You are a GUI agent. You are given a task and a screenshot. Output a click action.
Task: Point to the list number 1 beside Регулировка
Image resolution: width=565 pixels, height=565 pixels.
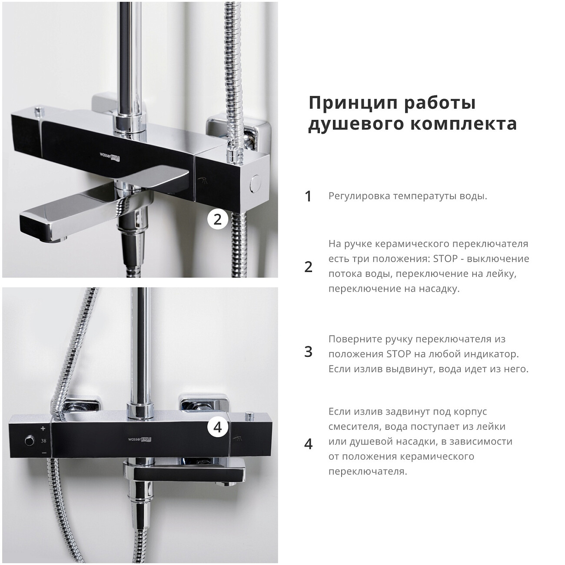308,196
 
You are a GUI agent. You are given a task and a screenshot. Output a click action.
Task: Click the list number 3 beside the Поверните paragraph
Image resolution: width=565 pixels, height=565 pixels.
308,352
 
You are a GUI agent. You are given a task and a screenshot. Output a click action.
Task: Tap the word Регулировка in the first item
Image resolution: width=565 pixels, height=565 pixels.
359,196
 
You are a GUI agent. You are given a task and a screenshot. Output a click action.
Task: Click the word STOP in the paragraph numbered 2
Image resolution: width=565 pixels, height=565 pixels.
445,259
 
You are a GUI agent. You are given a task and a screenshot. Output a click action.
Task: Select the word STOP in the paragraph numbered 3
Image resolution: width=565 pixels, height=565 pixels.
399,354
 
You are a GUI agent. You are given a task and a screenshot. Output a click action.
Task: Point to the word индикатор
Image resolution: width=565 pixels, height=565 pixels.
493,354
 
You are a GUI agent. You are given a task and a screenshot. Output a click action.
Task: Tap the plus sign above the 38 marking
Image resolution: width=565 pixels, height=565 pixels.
43,429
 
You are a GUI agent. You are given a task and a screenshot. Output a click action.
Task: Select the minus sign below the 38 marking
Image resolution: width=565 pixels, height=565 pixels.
44,453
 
